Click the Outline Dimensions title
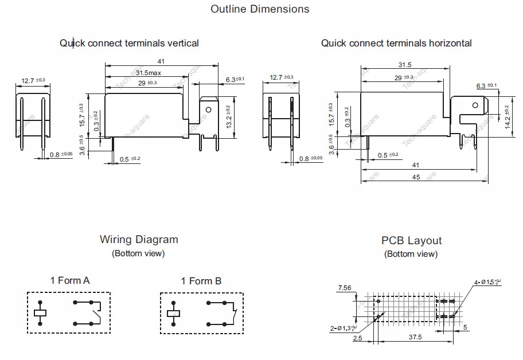(x=260, y=9)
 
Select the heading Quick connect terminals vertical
(x=129, y=43)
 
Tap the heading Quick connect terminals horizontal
(x=396, y=43)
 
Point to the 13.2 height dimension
(x=228, y=116)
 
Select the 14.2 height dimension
(x=507, y=117)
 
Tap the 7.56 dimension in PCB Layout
(x=345, y=287)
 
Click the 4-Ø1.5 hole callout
(x=487, y=282)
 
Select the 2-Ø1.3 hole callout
(x=343, y=327)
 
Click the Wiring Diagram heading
(x=139, y=240)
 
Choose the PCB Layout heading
(x=411, y=241)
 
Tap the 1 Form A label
(x=70, y=281)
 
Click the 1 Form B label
(x=201, y=281)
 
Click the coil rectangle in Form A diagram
(x=40, y=313)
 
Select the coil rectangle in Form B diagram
(x=173, y=313)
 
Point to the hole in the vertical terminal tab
(x=209, y=109)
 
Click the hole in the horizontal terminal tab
(x=474, y=105)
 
